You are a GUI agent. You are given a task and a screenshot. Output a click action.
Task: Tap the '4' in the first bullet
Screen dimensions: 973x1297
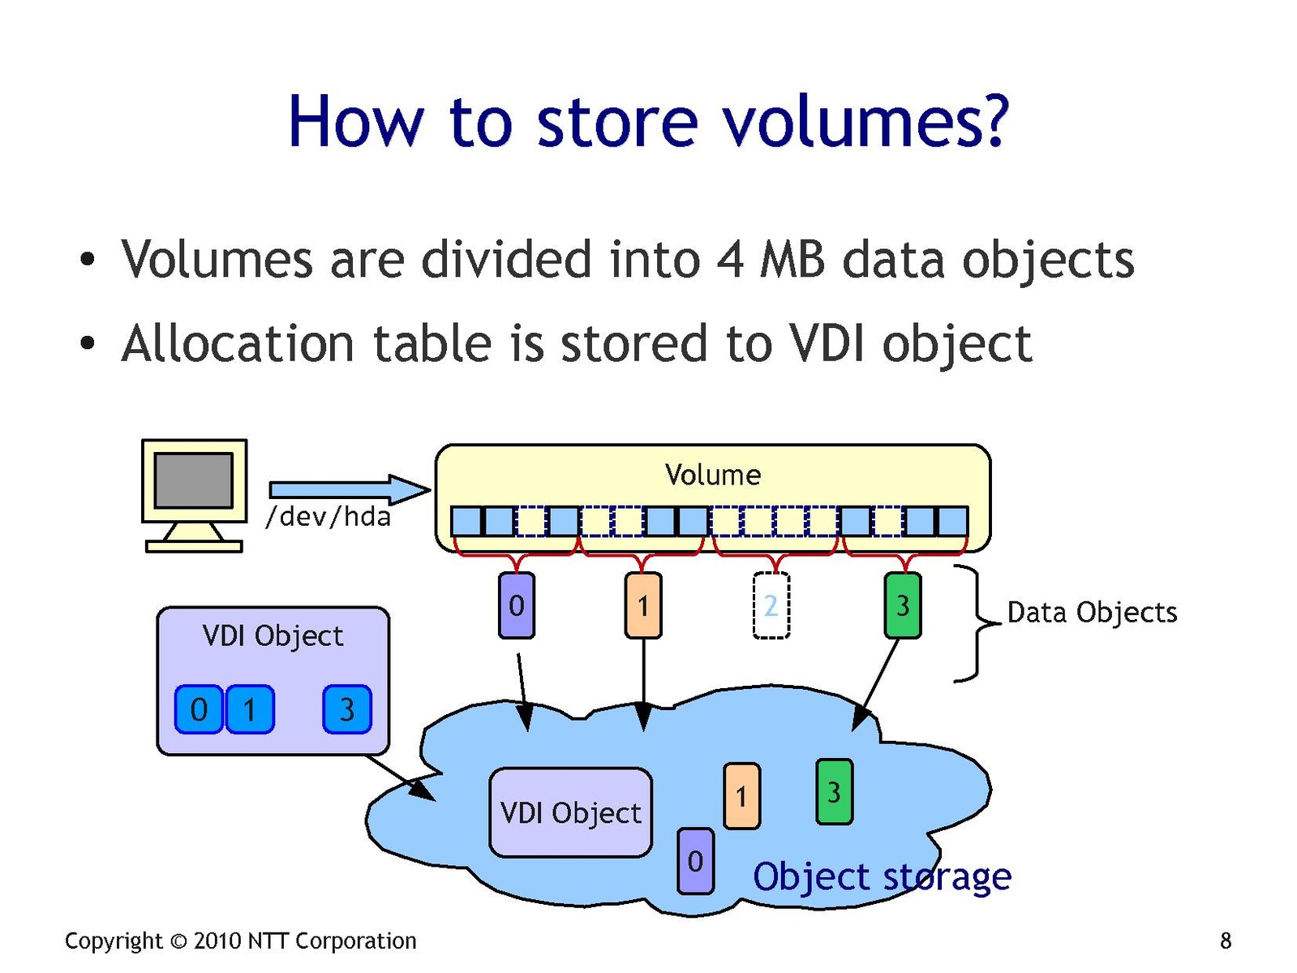(730, 260)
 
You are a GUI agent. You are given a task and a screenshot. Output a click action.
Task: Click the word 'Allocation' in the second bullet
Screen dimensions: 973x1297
(237, 343)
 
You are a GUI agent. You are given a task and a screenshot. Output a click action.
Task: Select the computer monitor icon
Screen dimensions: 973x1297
(194, 494)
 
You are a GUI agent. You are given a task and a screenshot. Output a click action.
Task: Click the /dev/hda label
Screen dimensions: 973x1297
(328, 516)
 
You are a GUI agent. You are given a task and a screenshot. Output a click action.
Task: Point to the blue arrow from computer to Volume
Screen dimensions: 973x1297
(349, 489)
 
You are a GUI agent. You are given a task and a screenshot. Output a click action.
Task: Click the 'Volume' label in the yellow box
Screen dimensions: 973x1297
(712, 475)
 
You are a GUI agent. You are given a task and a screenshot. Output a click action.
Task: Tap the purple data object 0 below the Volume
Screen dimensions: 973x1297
(516, 605)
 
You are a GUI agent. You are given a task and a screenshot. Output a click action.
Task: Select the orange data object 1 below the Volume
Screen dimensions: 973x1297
(643, 605)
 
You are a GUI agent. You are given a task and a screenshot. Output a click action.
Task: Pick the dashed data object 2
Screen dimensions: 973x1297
(771, 605)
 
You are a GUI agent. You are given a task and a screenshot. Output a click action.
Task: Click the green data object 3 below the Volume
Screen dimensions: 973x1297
(902, 605)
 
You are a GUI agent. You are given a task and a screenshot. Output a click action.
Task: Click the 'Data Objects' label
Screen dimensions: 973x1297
(1091, 612)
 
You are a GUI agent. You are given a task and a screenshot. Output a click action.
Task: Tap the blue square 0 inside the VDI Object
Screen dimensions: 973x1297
(199, 709)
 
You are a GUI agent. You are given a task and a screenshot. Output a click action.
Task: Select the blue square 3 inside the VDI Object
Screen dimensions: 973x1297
(346, 709)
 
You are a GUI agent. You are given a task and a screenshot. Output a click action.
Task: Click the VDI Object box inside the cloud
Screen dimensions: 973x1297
(570, 812)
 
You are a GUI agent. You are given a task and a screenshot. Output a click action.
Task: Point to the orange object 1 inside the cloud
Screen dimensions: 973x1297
(741, 795)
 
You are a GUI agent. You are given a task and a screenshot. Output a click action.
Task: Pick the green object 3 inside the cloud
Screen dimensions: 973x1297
(834, 791)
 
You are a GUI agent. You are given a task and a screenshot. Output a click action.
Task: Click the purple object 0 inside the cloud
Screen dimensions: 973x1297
(695, 861)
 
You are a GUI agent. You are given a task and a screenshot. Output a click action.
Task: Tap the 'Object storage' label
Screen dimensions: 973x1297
(882, 876)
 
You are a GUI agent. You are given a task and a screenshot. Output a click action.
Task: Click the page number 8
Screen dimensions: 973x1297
(1225, 941)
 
